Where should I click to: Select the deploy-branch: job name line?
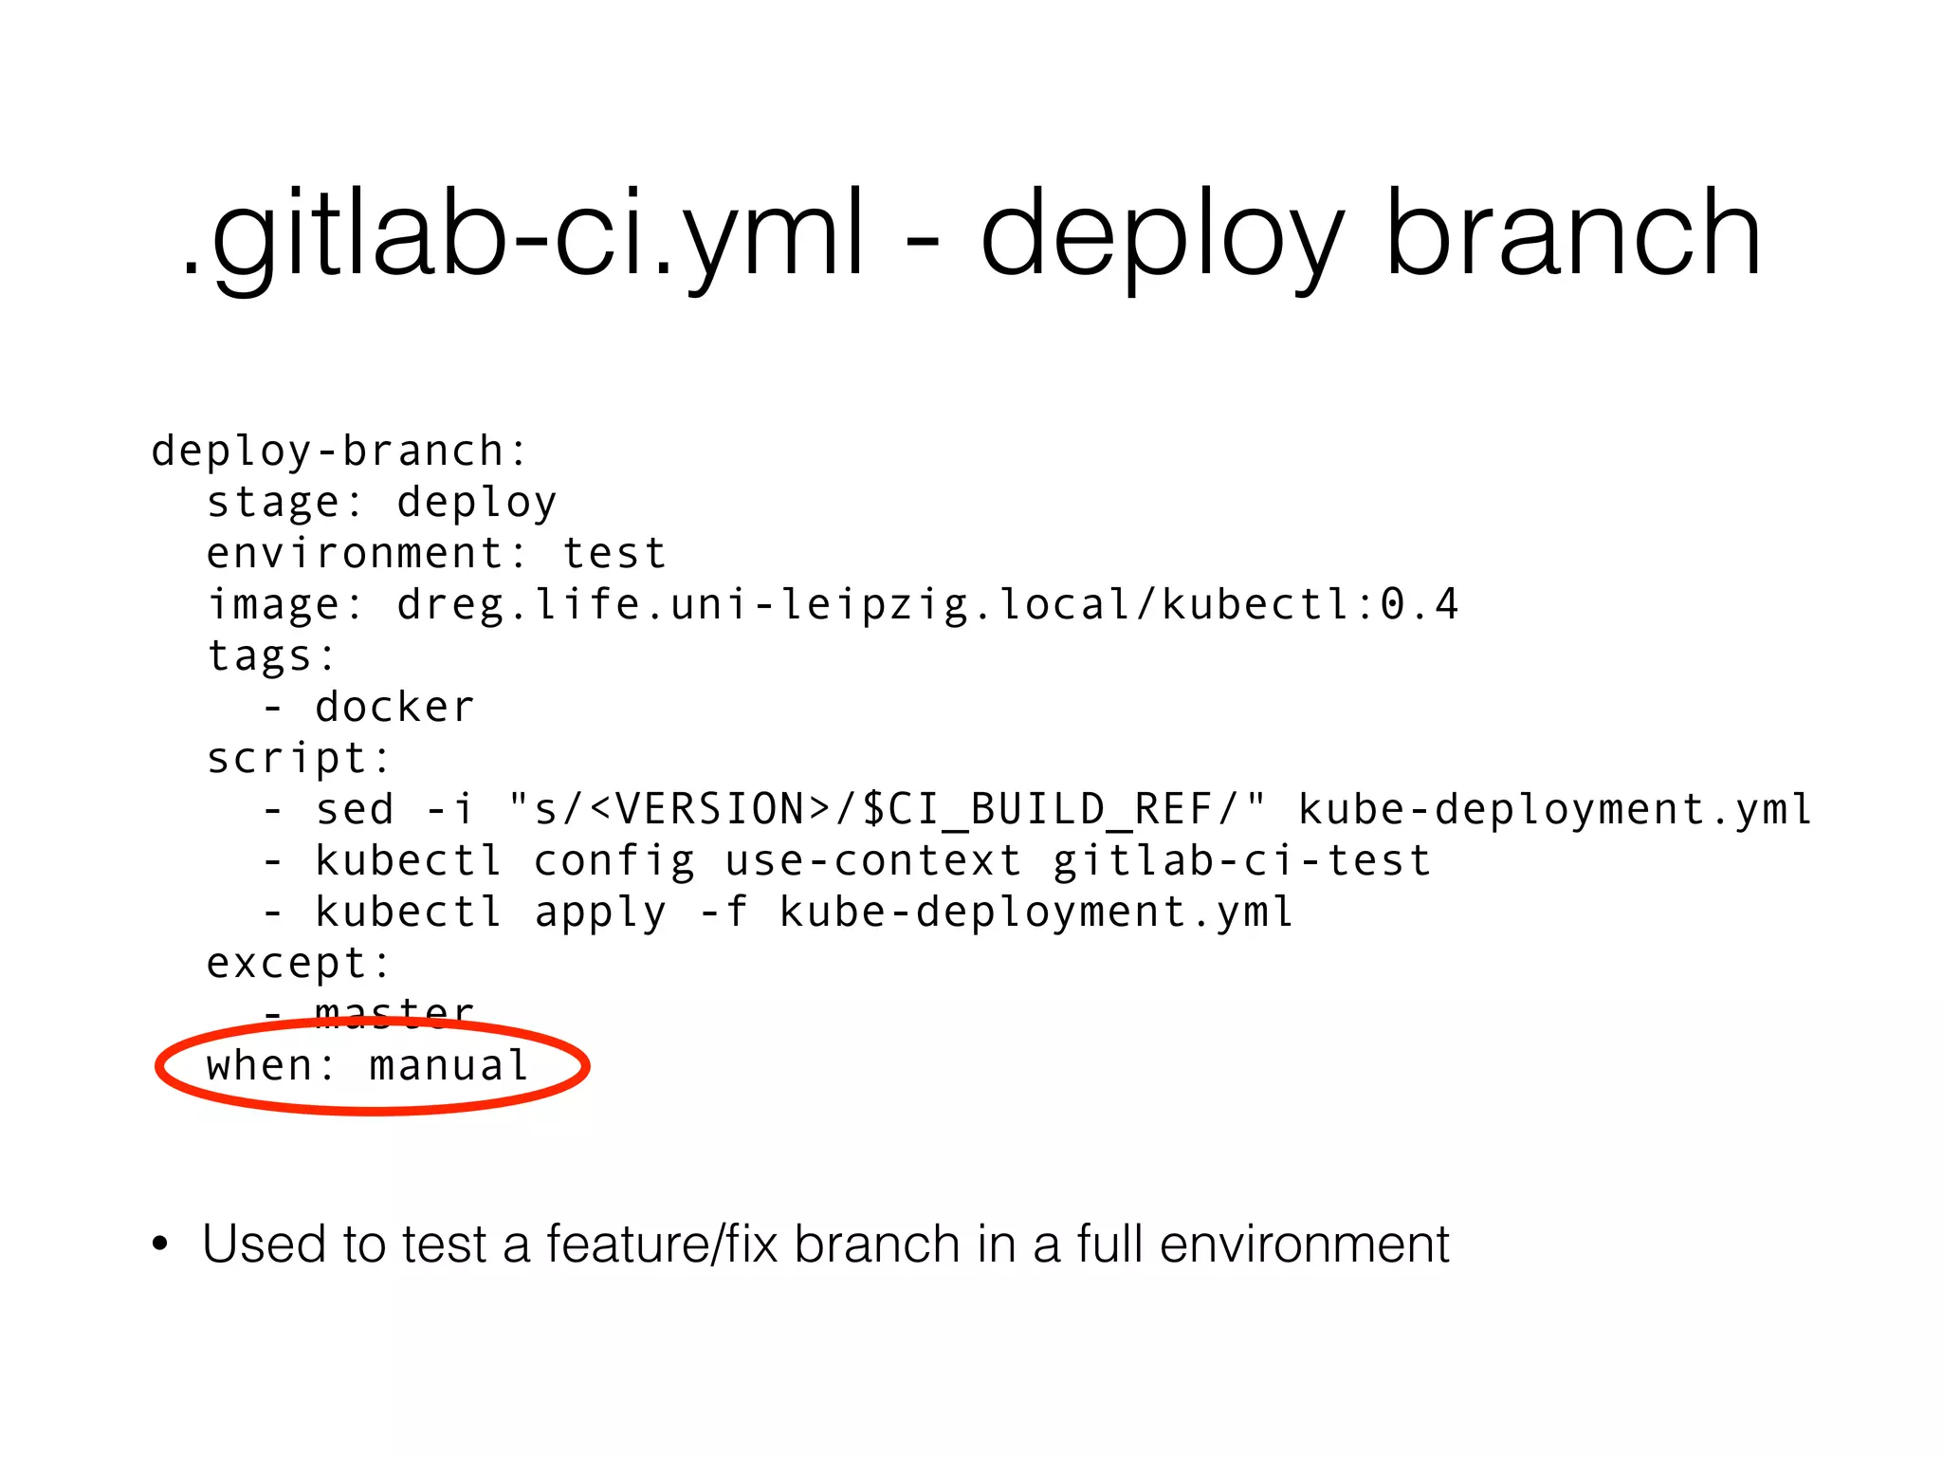pos(339,451)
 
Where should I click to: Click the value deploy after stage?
pos(476,502)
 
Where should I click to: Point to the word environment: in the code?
pos(367,553)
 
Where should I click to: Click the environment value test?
pos(614,553)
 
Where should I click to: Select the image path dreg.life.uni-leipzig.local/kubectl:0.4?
pos(926,604)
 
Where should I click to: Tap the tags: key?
pos(271,655)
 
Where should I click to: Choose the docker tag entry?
pos(394,707)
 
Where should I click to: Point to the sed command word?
pos(354,809)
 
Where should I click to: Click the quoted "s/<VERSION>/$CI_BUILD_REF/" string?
pos(886,809)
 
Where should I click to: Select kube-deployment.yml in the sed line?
pos(1555,809)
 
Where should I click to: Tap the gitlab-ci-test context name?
pos(1241,860)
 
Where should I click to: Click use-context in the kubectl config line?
pos(872,860)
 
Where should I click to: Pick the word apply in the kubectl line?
pos(600,912)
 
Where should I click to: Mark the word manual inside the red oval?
pos(449,1065)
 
